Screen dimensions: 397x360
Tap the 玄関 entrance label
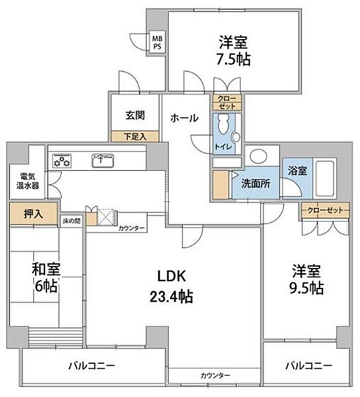click(x=135, y=114)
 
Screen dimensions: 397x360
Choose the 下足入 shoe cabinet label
click(x=134, y=137)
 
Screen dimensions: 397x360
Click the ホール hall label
click(x=184, y=118)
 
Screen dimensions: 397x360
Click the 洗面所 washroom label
click(x=255, y=184)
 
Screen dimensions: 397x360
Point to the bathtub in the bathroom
click(x=324, y=177)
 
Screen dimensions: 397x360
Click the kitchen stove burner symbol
click(x=63, y=159)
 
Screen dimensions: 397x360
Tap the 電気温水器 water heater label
click(x=28, y=181)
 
